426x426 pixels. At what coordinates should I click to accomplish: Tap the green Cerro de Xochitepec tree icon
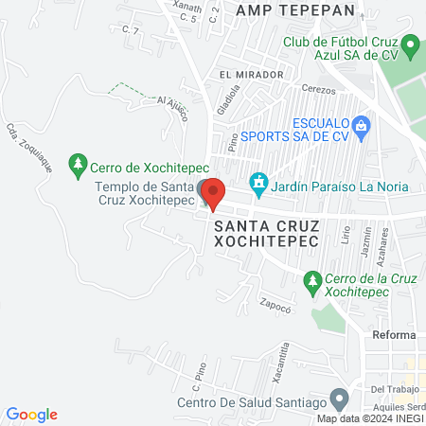78,167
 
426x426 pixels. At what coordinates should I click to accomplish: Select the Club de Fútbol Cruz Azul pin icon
410,44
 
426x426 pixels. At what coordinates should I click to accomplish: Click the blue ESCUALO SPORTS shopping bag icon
361,125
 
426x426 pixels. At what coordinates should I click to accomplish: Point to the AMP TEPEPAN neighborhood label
295,9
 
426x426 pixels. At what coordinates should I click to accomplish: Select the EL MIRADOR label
251,75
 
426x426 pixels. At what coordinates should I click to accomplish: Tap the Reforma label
394,336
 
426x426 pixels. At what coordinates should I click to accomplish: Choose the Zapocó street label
274,305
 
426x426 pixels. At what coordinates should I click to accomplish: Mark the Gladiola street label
226,98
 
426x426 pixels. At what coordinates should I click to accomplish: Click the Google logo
32,414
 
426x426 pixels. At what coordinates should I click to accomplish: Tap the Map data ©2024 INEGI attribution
369,418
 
